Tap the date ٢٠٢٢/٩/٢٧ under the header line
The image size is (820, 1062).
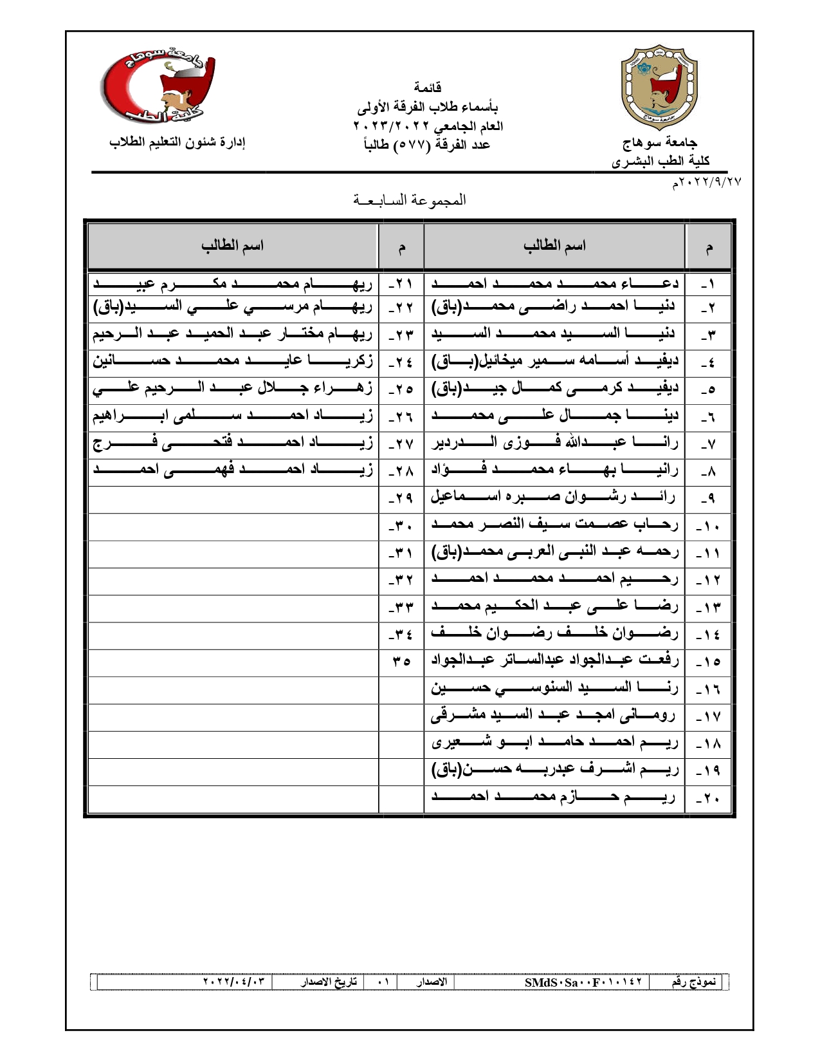click(707, 183)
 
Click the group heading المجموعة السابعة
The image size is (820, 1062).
click(410, 200)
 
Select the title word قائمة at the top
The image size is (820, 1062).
click(427, 87)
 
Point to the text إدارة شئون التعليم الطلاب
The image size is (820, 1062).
click(177, 142)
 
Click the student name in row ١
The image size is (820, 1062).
click(555, 283)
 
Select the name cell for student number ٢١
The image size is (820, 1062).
click(233, 283)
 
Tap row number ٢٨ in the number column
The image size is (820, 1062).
click(401, 471)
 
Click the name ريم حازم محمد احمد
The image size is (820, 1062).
click(554, 798)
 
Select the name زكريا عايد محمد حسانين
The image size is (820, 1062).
click(233, 360)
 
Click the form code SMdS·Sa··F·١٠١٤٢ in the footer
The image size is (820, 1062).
click(583, 982)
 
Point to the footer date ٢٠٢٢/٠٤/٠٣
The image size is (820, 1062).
click(233, 982)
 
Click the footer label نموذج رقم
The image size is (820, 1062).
click(693, 982)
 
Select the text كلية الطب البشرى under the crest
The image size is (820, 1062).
click(661, 161)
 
